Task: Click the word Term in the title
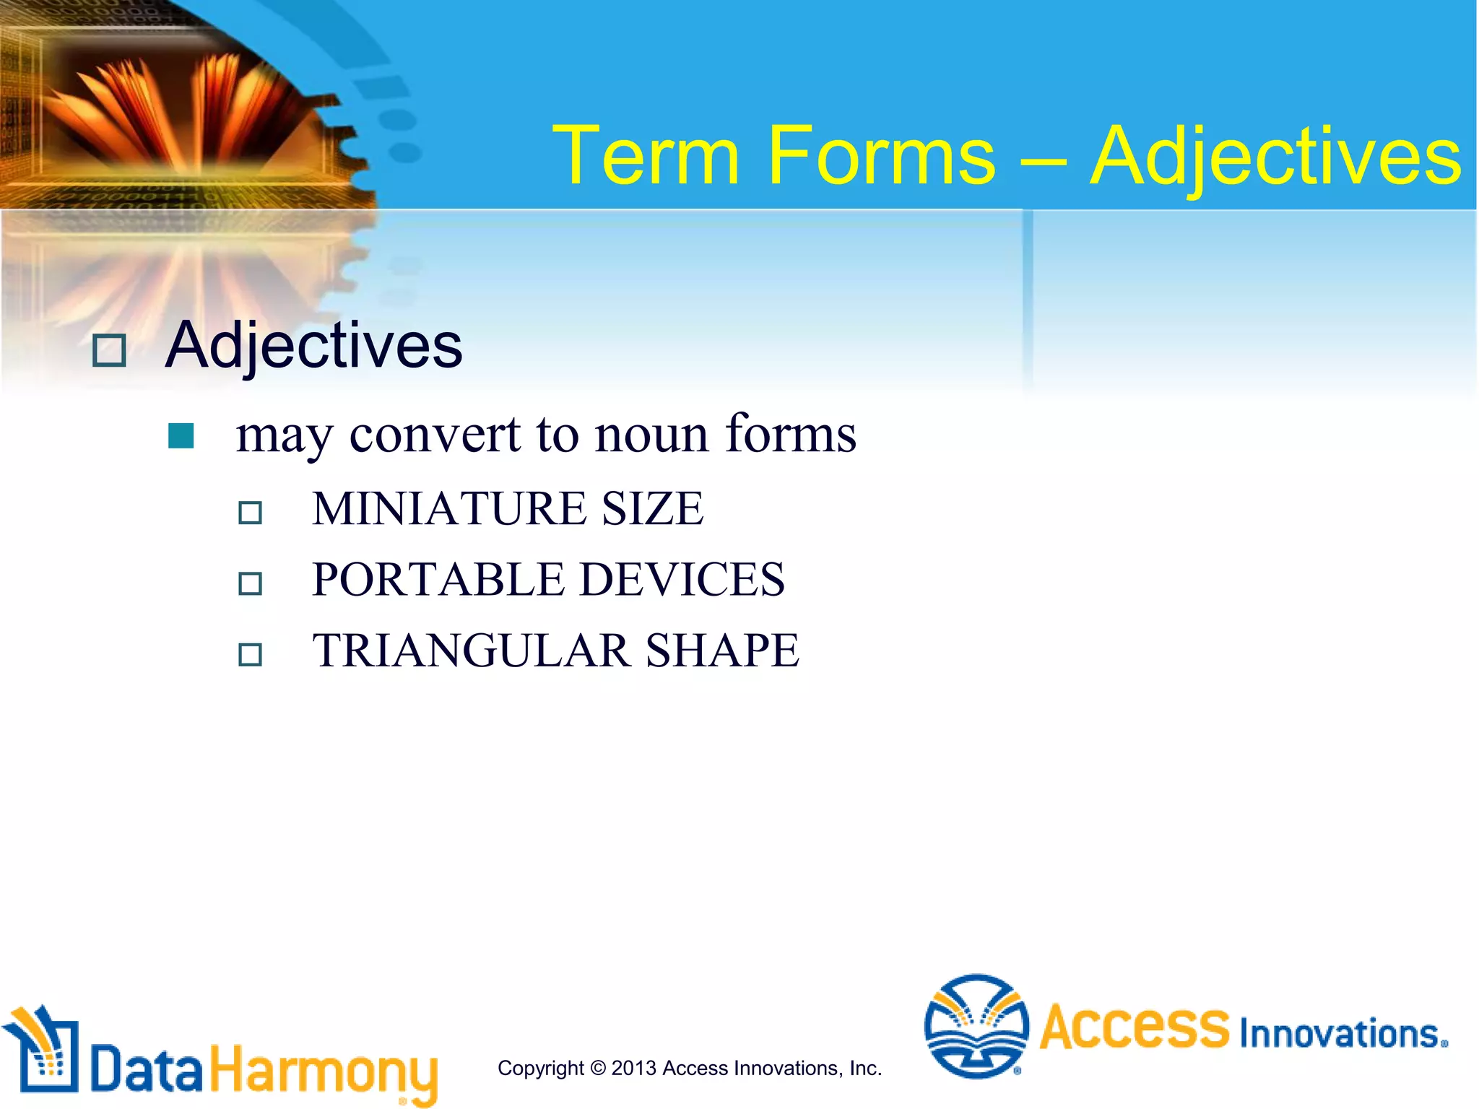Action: click(x=646, y=156)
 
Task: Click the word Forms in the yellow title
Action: click(x=881, y=156)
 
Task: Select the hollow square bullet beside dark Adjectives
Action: click(x=110, y=351)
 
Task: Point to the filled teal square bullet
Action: click(x=181, y=436)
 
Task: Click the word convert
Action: click(x=435, y=435)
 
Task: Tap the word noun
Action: click(x=651, y=436)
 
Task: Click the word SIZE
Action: click(x=653, y=508)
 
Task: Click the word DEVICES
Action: click(x=682, y=579)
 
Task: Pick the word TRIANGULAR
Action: click(x=471, y=651)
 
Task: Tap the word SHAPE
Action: click(x=722, y=651)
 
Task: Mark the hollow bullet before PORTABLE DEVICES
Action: click(x=251, y=583)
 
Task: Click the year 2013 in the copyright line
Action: click(x=633, y=1068)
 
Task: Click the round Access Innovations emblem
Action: click(x=976, y=1025)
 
